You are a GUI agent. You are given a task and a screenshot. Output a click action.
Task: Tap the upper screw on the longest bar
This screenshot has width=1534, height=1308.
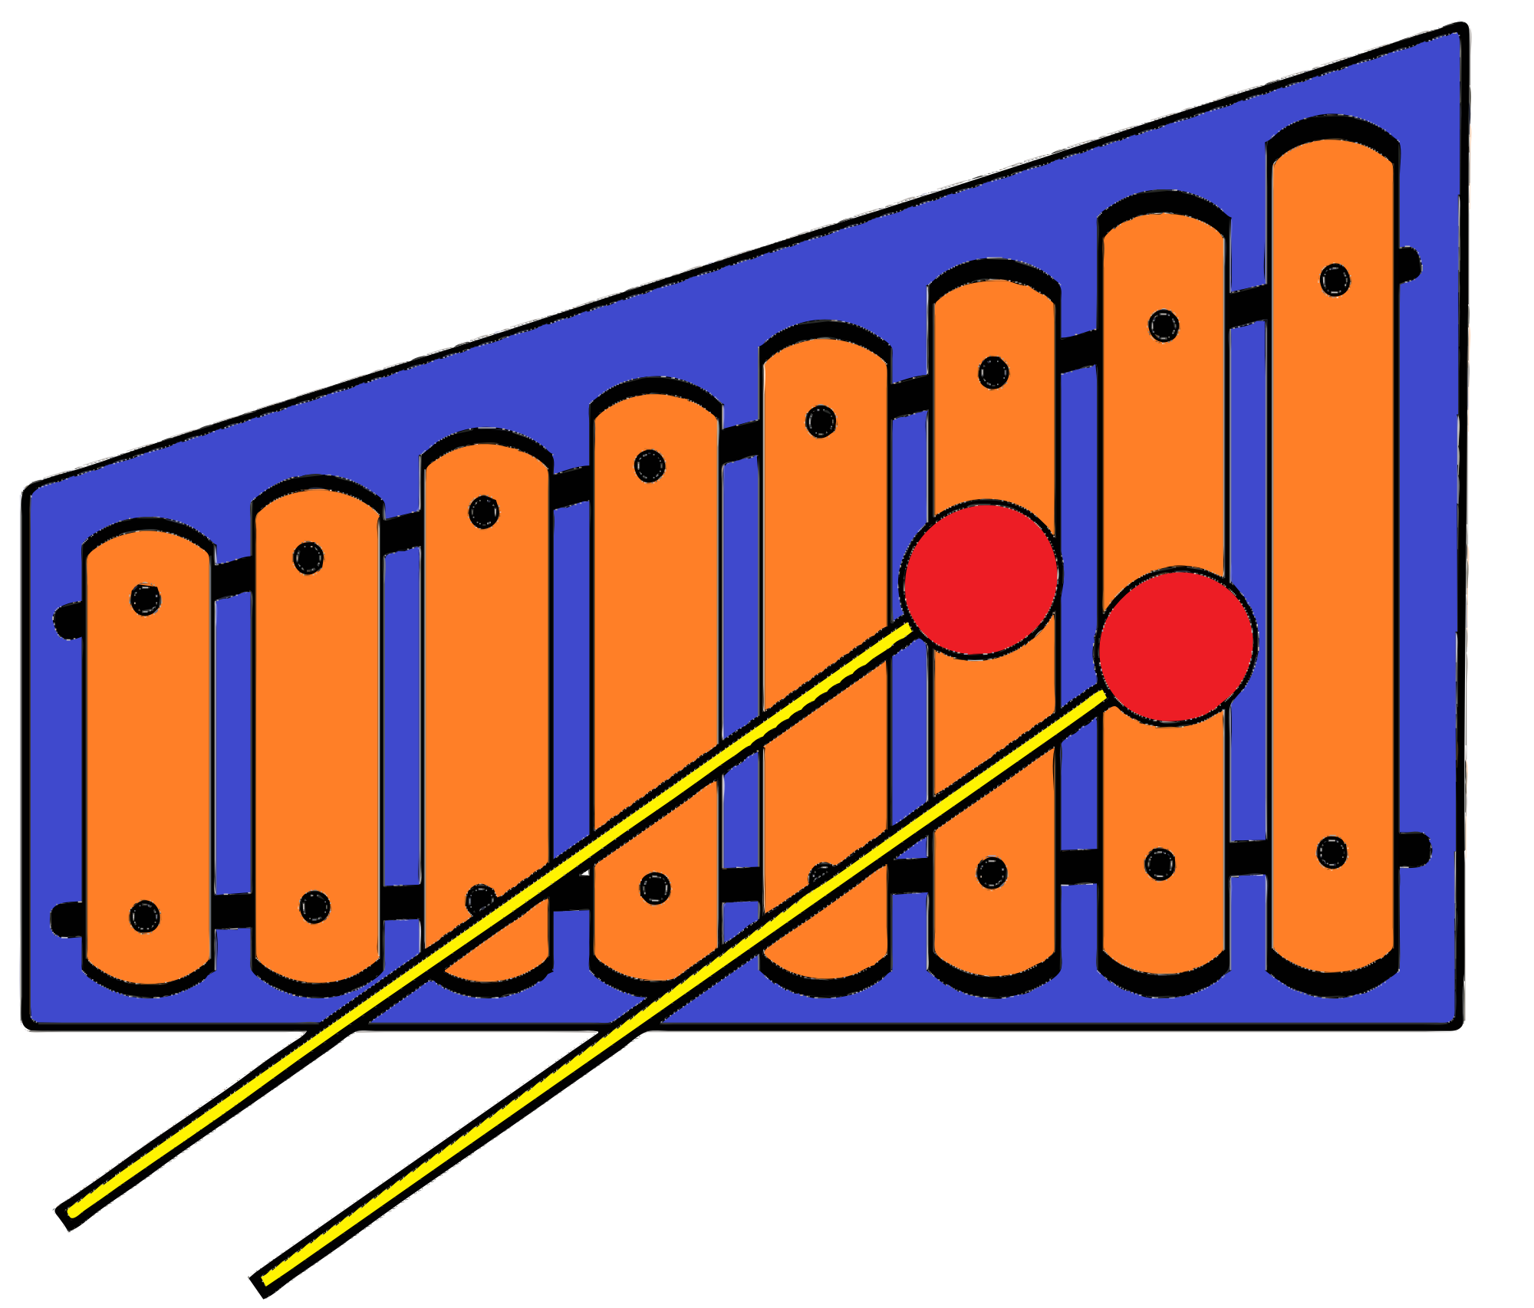pyautogui.click(x=1335, y=280)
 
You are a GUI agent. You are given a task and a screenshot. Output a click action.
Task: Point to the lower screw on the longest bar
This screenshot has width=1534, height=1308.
pyautogui.click(x=1332, y=852)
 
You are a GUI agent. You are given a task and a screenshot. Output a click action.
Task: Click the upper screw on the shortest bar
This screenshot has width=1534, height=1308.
pyautogui.click(x=145, y=600)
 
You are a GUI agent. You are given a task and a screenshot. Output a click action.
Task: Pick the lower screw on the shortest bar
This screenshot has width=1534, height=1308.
pyautogui.click(x=144, y=916)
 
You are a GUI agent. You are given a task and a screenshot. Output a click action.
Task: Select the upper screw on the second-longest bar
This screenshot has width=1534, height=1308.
pyautogui.click(x=1164, y=326)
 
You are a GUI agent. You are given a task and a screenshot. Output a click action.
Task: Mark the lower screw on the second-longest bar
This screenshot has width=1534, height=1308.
pyautogui.click(x=1160, y=864)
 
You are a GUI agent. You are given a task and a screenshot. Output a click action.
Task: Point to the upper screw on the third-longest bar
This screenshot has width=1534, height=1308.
pyautogui.click(x=993, y=373)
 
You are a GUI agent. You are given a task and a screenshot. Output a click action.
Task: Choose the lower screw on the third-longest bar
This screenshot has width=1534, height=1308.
pyautogui.click(x=992, y=873)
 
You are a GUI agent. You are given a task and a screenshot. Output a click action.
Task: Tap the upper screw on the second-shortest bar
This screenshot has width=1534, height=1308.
pyautogui.click(x=308, y=558)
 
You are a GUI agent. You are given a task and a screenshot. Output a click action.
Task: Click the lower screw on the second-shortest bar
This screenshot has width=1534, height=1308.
pyautogui.click(x=314, y=907)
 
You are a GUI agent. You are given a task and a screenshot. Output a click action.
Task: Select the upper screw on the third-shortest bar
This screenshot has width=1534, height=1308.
pyautogui.click(x=483, y=512)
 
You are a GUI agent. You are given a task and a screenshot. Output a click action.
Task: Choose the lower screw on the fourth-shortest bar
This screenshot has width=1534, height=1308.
pyautogui.click(x=654, y=889)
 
